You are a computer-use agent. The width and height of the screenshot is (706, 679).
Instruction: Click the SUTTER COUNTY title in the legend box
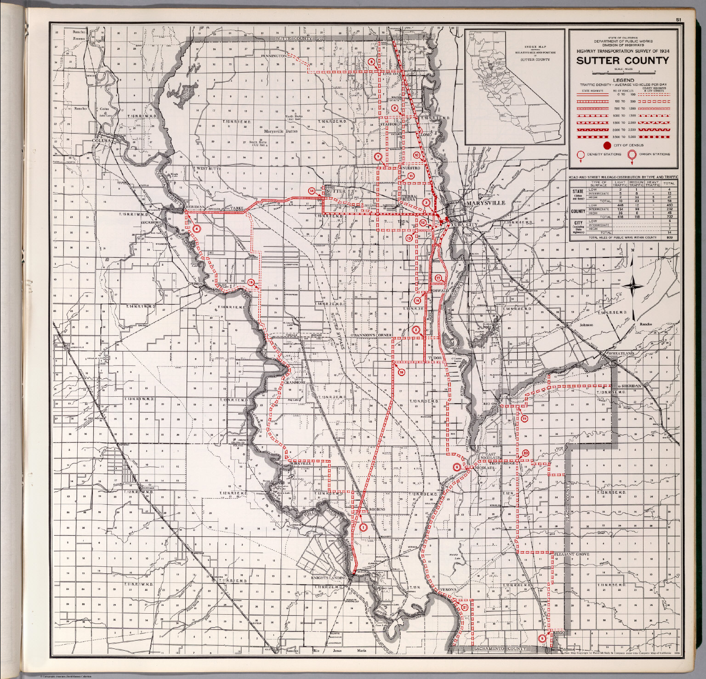623,61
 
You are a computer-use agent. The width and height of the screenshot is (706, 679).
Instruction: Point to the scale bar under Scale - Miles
623,73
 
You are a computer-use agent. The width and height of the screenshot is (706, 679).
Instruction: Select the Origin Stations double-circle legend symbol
632,155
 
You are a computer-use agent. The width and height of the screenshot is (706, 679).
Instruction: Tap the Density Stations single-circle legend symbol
581,155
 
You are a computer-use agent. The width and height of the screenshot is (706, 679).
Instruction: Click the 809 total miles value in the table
669,238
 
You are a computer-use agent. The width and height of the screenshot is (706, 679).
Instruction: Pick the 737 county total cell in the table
669,217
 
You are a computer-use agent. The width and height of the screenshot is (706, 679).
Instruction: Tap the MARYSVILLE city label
485,203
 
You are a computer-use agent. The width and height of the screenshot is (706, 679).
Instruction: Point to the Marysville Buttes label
280,131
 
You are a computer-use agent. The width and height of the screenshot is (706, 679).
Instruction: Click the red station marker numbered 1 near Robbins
363,527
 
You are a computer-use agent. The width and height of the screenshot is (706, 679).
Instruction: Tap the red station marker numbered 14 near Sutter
312,191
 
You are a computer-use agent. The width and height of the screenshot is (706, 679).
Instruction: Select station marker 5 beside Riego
542,638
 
